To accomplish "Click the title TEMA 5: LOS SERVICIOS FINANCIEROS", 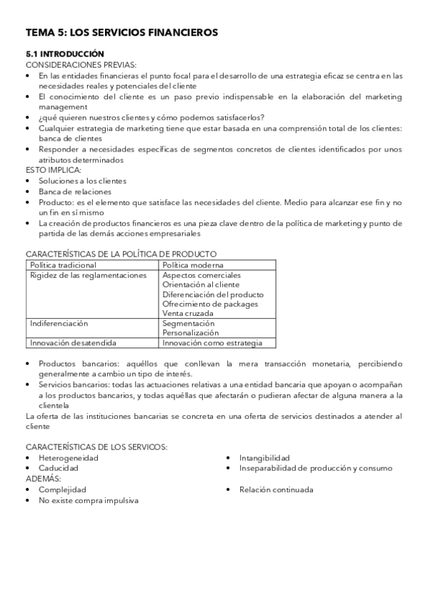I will click(x=121, y=33).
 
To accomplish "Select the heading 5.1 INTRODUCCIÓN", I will click(x=65, y=54).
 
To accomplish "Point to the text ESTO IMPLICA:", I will click(x=54, y=170).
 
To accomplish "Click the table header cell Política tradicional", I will click(x=63, y=264).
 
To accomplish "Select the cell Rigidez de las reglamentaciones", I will click(x=87, y=274).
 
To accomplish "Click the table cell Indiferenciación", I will click(x=59, y=323).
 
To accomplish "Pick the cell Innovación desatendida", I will click(x=73, y=343).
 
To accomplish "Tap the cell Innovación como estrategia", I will click(x=212, y=343).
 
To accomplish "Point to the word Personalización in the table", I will click(x=190, y=333).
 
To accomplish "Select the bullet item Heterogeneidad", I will click(x=69, y=457).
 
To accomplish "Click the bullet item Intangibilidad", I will click(x=264, y=457).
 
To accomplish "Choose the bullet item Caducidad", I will click(x=59, y=468).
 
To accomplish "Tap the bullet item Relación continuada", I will click(x=276, y=490).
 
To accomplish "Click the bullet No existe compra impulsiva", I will click(x=89, y=500).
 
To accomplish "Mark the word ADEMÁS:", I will click(x=43, y=478).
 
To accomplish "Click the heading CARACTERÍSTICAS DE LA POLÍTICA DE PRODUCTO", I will click(x=121, y=254).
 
